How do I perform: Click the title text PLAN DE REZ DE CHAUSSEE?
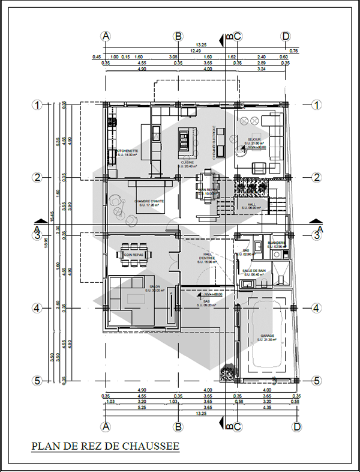click(104, 446)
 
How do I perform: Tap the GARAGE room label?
click(267, 337)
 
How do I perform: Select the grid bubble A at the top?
click(106, 36)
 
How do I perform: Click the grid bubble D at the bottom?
click(296, 426)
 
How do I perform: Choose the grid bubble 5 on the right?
click(317, 380)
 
